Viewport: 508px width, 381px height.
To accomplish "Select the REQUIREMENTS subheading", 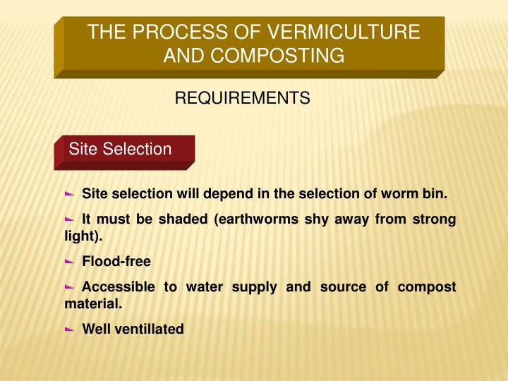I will pos(242,98).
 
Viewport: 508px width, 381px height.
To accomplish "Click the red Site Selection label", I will pos(120,149).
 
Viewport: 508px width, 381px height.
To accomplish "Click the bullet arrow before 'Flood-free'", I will pos(69,261).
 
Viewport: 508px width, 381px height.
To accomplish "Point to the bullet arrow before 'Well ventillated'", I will pos(69,329).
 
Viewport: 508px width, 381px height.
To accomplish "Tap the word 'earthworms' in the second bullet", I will pos(262,219).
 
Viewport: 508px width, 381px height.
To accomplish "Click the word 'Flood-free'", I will pos(116,262).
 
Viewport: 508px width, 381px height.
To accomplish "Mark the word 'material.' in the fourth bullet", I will pos(93,304).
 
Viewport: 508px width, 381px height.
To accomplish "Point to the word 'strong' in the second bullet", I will pos(433,219).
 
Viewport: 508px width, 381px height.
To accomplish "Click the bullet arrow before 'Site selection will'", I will pos(69,193).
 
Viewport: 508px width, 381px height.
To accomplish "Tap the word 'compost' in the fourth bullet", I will pos(427,287).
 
